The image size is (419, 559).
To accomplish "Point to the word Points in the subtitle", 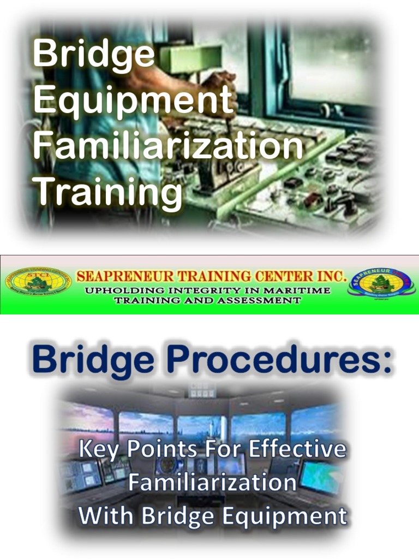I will pyautogui.click(x=160, y=450).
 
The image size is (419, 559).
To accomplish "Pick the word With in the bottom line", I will pyautogui.click(x=103, y=516).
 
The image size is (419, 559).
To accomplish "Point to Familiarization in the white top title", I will pyautogui.click(x=167, y=146).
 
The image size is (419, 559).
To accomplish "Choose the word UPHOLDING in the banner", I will pyautogui.click(x=116, y=290).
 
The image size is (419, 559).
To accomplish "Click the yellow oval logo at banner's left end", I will pyautogui.click(x=38, y=282).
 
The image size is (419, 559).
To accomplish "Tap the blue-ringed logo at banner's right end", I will pyautogui.click(x=381, y=282).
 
